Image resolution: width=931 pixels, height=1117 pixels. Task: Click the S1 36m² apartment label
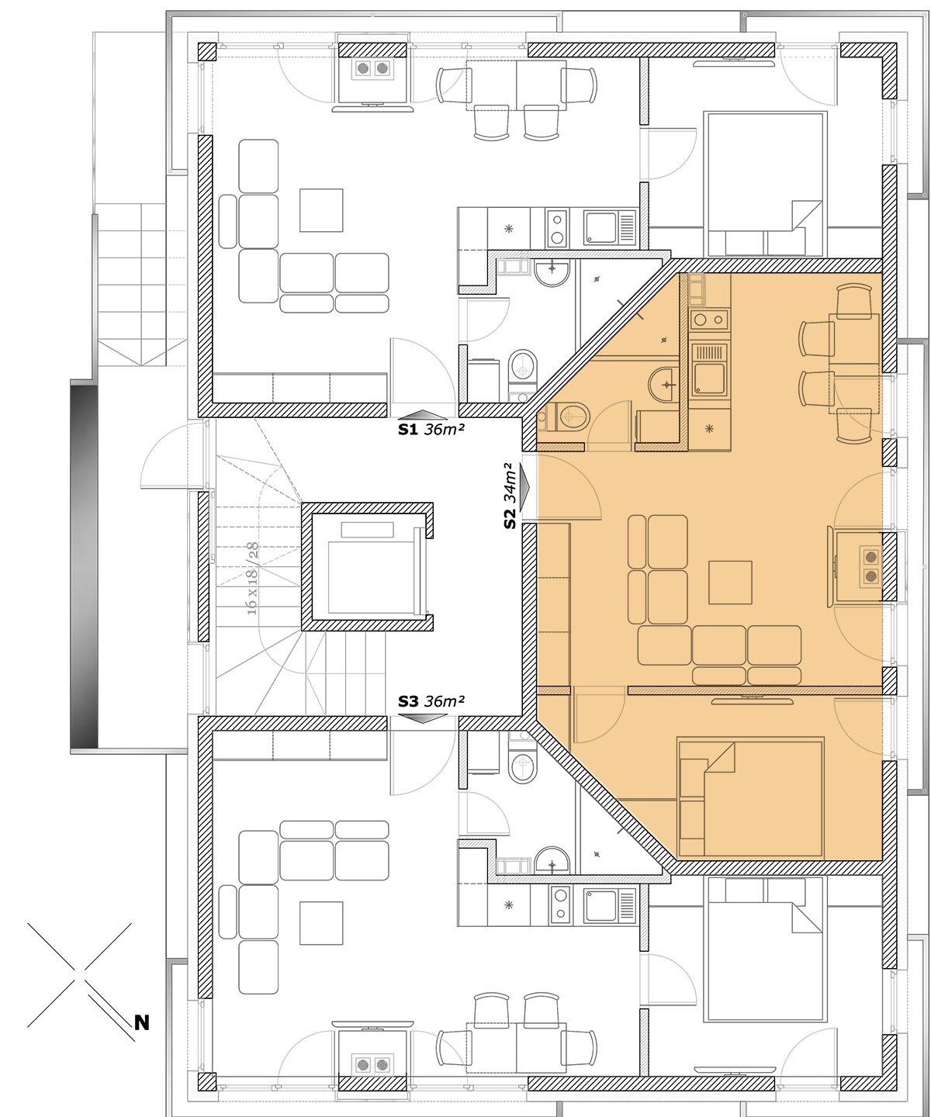431,430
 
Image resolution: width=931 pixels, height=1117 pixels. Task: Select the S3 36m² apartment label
431,701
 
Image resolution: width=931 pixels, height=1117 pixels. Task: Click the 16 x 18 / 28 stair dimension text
252,579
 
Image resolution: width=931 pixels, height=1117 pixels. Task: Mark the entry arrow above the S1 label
424,414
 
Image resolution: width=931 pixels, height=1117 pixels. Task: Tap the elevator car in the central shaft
370,577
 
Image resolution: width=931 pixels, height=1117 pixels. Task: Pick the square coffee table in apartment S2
730,583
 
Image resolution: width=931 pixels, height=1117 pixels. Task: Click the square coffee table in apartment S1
321,210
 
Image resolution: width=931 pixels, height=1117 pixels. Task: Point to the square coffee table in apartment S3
321,923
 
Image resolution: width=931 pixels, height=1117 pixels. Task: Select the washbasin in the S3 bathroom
552,860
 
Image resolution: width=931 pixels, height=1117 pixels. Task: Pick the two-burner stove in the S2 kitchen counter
709,320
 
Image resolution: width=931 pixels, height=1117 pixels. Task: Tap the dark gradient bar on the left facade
84,565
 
